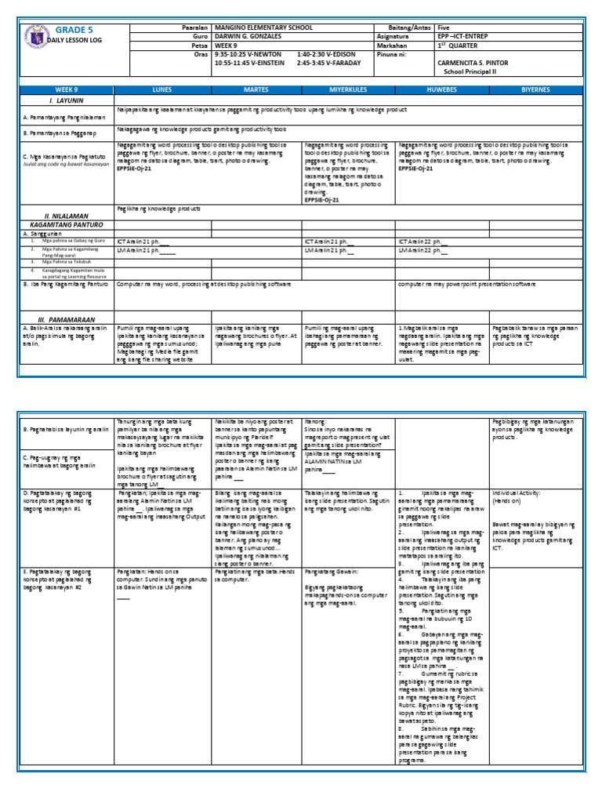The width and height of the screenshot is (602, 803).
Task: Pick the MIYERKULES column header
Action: pos(349,90)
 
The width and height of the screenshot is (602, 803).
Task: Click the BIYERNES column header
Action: pos(537,90)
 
